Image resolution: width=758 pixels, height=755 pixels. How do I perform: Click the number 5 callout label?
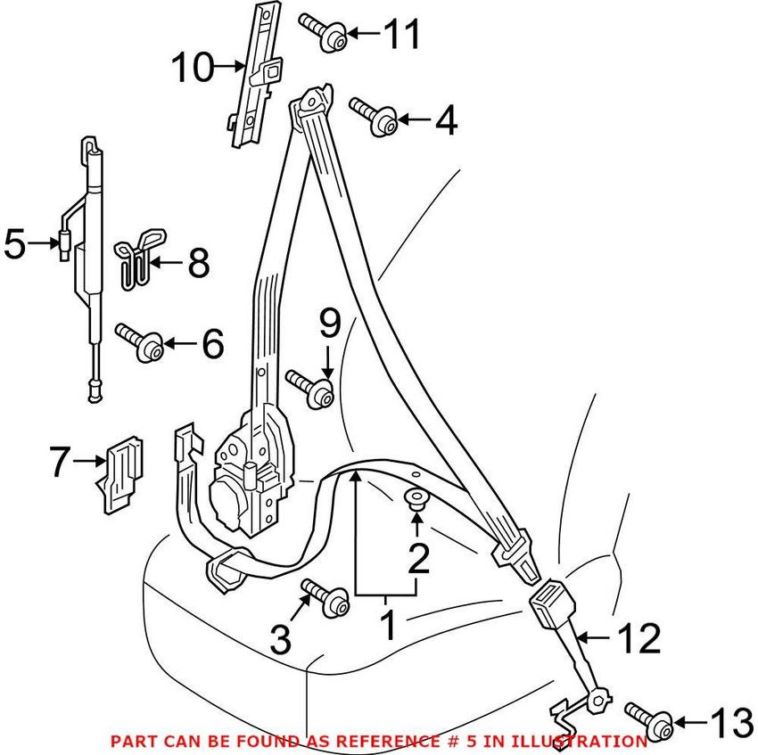[15, 242]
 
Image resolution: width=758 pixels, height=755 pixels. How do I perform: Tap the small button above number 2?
[416, 497]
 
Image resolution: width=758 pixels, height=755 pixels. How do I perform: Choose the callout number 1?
[387, 627]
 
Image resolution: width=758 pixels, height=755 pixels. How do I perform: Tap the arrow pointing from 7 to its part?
[89, 461]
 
